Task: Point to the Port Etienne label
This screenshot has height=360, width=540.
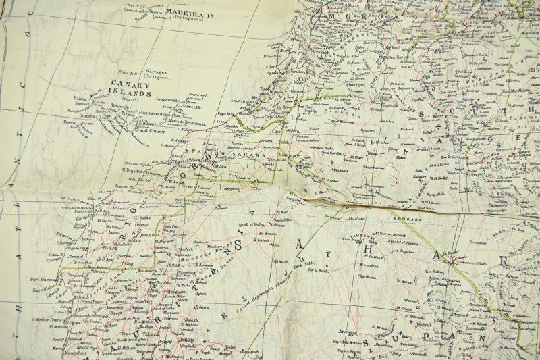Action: coord(45,278)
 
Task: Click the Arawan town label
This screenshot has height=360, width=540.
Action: coord(348,332)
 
